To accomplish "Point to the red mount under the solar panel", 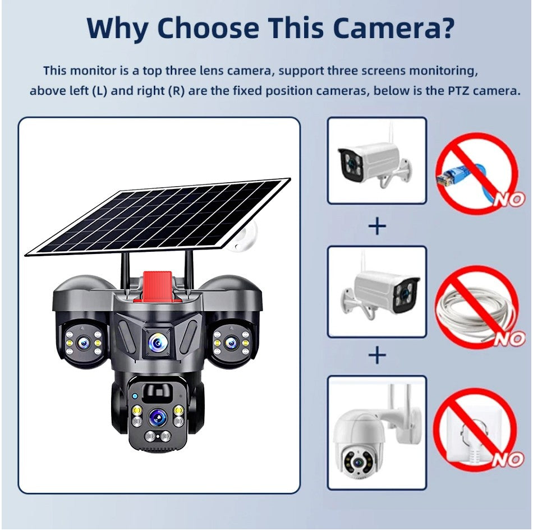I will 158,285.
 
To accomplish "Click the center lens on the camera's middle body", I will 157,340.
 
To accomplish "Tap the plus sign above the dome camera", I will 377,355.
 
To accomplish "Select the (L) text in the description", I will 99,91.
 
